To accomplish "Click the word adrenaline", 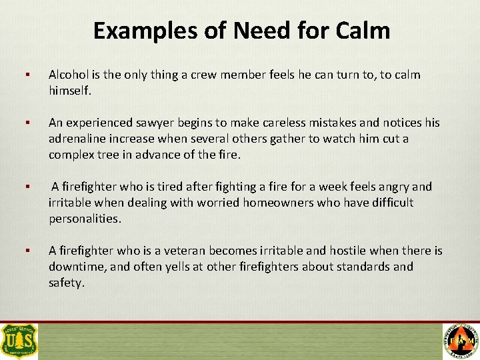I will [79, 138].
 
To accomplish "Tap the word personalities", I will [85, 218].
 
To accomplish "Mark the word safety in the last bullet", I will [66, 283].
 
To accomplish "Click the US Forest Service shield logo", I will [20, 341].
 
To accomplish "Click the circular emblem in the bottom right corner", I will [460, 341].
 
